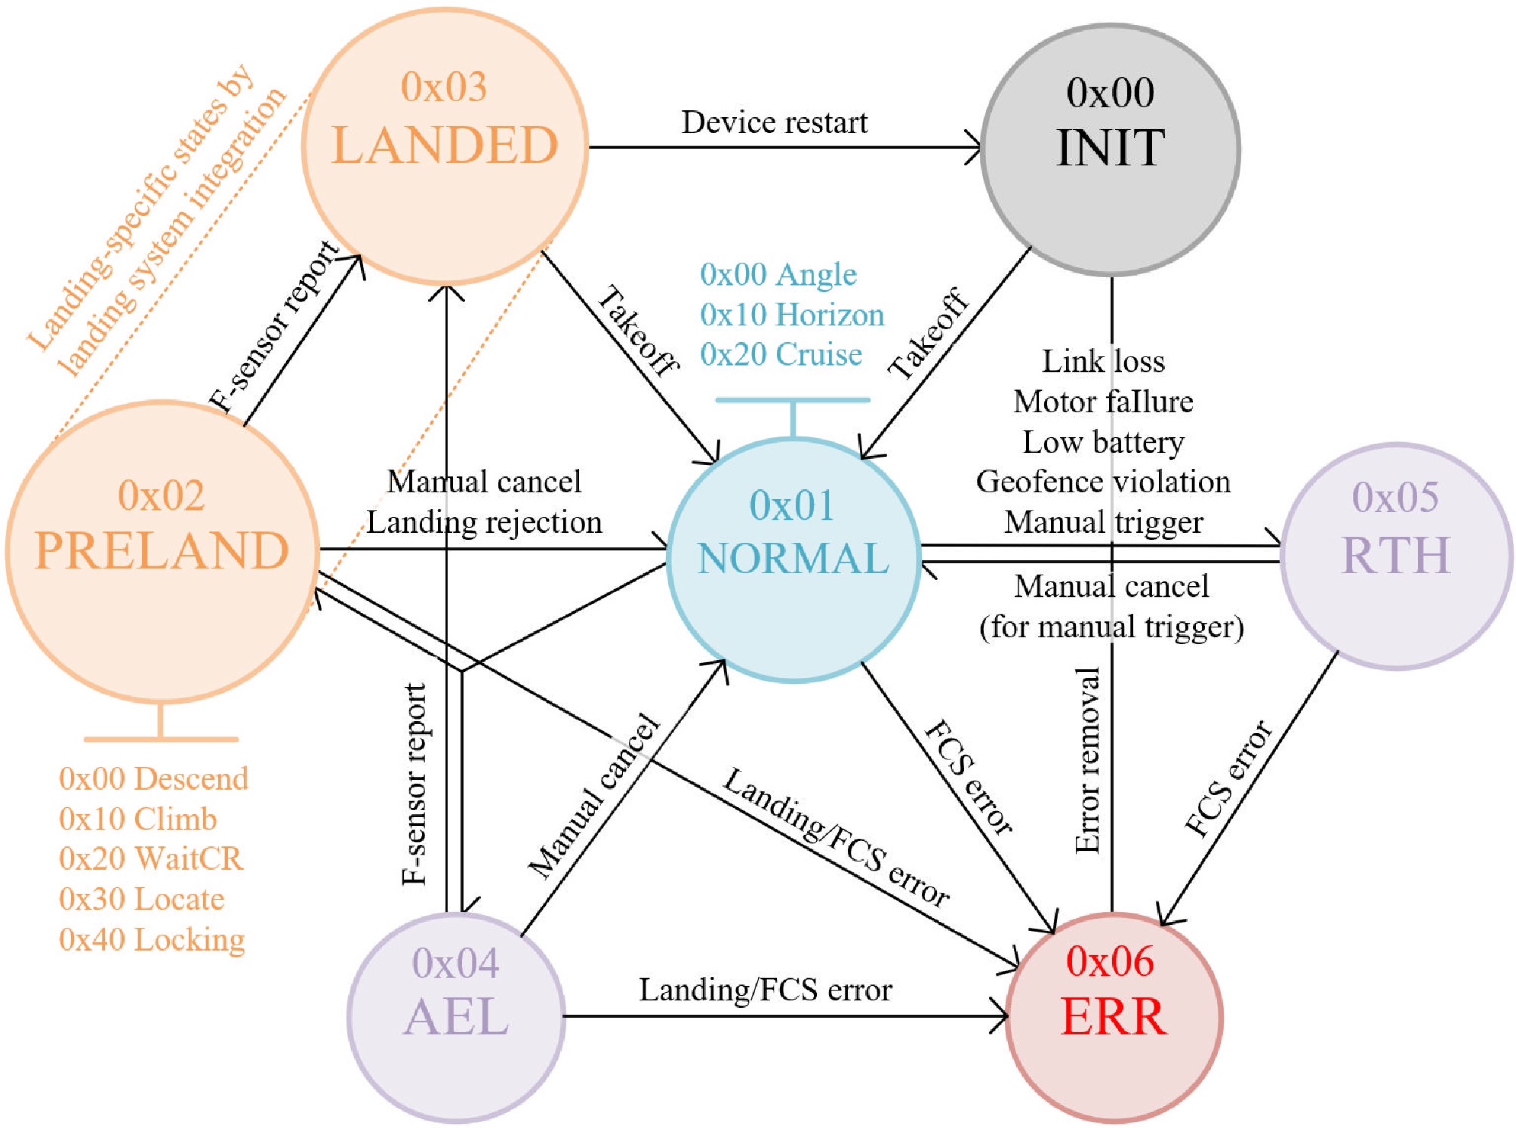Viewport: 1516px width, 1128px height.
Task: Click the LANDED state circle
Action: [445, 146]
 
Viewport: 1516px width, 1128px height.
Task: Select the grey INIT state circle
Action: [1110, 149]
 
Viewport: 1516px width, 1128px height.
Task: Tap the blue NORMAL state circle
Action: [793, 559]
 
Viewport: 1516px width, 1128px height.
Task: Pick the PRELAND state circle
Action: [162, 551]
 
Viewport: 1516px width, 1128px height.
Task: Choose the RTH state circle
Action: [1396, 556]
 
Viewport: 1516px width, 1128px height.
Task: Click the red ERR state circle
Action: [1114, 1016]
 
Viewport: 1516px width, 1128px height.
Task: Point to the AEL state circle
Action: [456, 1016]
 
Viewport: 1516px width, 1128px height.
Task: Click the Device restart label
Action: [775, 122]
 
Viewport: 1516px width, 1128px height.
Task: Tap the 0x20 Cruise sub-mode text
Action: [781, 354]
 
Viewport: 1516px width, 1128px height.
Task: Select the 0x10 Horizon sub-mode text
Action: [792, 314]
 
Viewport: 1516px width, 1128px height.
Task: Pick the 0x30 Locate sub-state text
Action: [142, 898]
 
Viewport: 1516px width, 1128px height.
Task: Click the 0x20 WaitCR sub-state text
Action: [151, 858]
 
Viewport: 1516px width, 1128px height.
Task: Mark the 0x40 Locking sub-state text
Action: [152, 939]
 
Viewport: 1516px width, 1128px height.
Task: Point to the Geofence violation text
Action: [1103, 481]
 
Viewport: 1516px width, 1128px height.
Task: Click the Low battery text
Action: [1103, 442]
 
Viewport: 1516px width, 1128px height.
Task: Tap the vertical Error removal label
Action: [1087, 761]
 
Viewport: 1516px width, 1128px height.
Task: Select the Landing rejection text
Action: [484, 522]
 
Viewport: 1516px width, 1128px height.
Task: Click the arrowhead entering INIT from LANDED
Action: [974, 147]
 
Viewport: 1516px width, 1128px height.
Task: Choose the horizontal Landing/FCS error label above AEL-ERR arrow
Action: [766, 989]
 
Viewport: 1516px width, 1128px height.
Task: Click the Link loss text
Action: [1103, 361]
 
